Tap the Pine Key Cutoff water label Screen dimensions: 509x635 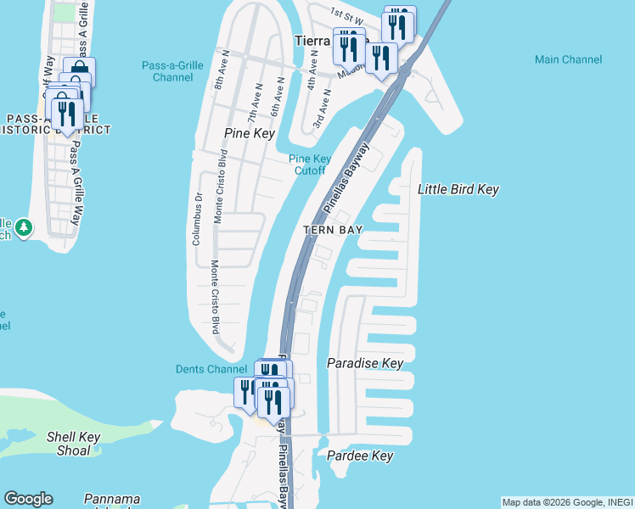310,165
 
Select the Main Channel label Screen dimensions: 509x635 569,59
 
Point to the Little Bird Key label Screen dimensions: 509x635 458,190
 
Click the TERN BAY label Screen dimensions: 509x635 334,230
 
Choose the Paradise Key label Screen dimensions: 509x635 365,363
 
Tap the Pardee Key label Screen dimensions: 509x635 360,456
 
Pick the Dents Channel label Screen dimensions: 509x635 211,369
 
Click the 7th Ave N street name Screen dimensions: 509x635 252,101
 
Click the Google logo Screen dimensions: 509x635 29,499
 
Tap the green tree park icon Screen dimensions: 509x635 24,227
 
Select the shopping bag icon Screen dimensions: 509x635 79,70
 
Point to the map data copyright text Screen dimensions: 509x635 567,502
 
